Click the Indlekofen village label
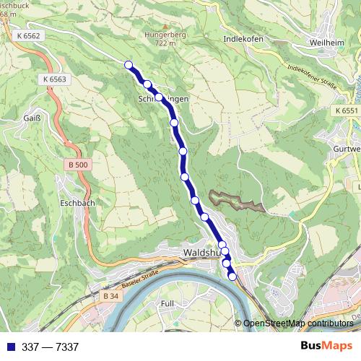(245, 39)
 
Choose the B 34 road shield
(110, 296)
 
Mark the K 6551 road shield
(346, 110)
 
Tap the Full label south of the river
(168, 304)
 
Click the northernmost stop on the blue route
(129, 65)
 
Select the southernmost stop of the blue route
(232, 276)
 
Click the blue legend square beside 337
(7, 347)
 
